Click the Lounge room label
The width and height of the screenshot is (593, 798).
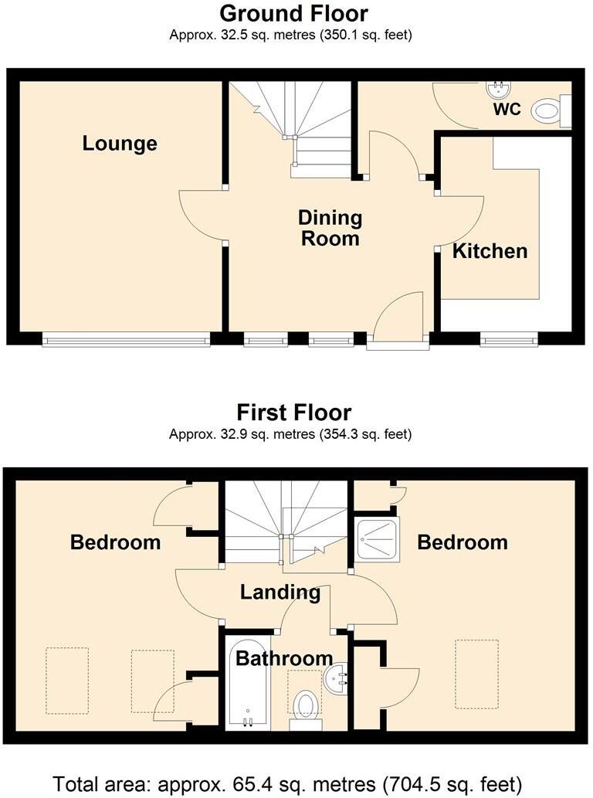(x=120, y=144)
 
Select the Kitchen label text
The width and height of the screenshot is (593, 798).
(x=490, y=251)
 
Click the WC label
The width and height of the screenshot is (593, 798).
(x=507, y=110)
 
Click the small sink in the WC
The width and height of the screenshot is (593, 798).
(x=496, y=88)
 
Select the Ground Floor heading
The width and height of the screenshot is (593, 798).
(x=293, y=13)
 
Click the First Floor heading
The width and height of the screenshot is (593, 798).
(x=293, y=412)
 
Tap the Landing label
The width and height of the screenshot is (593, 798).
(x=280, y=593)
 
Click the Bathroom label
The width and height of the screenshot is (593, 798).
(x=284, y=659)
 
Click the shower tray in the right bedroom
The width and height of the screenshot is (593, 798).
(x=378, y=540)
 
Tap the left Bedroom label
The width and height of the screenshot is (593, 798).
(x=115, y=542)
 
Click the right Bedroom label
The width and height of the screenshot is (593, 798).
(x=463, y=542)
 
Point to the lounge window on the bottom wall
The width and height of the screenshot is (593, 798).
(x=126, y=339)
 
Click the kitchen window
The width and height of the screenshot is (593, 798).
(x=508, y=339)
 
